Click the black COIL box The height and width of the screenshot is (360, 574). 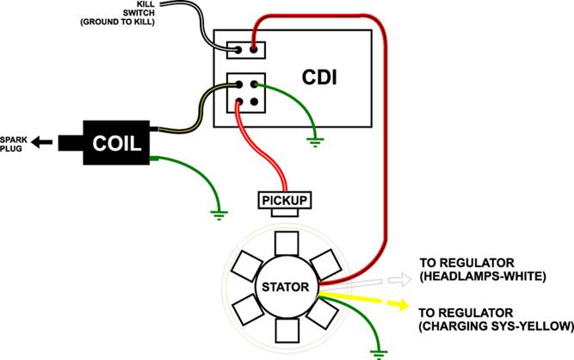tap(117, 142)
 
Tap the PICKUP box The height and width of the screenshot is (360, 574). tap(283, 201)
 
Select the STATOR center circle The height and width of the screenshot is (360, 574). tap(283, 286)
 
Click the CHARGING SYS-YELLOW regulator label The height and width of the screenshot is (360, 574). tap(494, 319)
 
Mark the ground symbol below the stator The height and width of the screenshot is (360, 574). tap(377, 350)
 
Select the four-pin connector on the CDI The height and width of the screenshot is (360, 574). tap(245, 93)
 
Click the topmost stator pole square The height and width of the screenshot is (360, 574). tap(283, 242)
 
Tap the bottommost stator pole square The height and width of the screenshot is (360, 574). tap(283, 331)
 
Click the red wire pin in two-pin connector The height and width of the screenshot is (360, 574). tap(256, 48)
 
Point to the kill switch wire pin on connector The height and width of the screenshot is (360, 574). tap(234, 48)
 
